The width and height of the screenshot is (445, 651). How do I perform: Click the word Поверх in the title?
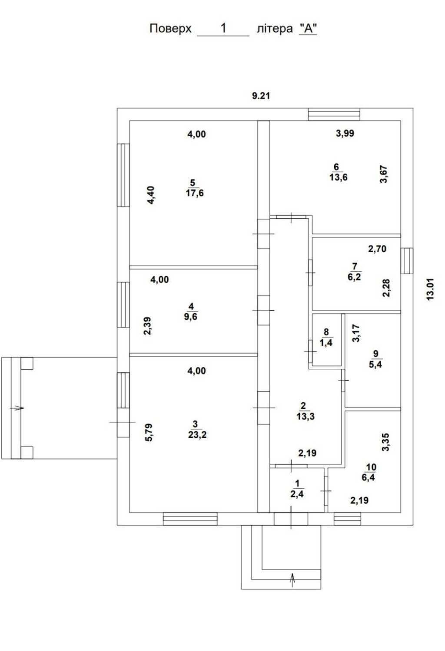(170, 29)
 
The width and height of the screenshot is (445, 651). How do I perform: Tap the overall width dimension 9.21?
(261, 95)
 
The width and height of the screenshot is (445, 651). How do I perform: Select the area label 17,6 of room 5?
(195, 193)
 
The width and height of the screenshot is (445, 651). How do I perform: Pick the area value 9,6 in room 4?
(191, 316)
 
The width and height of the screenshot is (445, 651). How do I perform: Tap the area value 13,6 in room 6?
(339, 177)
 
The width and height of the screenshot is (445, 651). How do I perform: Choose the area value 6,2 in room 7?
(354, 276)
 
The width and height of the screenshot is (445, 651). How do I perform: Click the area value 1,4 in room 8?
(326, 343)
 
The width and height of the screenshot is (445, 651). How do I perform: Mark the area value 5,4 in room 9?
(375, 364)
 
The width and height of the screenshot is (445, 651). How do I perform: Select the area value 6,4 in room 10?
(368, 477)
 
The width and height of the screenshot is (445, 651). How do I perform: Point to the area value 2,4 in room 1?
(297, 493)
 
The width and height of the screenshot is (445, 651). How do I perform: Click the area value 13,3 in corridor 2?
(306, 416)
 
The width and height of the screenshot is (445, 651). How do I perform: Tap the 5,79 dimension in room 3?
(149, 433)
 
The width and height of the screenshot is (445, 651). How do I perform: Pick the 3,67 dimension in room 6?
(384, 174)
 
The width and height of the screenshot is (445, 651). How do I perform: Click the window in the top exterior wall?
(334, 114)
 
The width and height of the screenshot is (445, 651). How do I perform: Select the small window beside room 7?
(407, 261)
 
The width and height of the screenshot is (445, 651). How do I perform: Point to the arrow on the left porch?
(17, 408)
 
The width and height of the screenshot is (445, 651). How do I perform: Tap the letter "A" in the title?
(308, 29)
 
